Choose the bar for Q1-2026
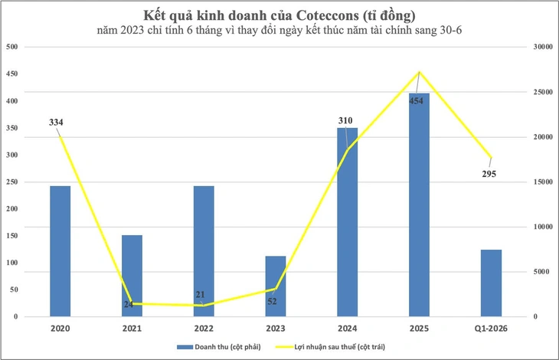(x=491, y=283)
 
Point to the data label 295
(x=489, y=174)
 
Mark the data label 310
(x=346, y=120)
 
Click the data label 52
(x=272, y=301)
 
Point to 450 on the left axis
(x=11, y=74)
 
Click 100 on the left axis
(x=11, y=263)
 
